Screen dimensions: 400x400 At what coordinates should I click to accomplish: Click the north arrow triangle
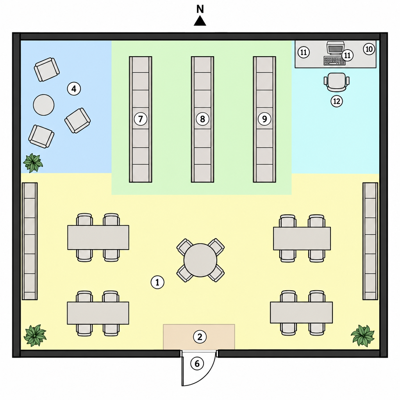pos(200,21)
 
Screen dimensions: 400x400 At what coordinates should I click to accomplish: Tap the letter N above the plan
pos(200,9)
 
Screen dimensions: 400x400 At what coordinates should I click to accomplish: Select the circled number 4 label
pos(74,89)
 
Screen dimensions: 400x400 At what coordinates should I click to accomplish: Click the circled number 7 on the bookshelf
pos(141,119)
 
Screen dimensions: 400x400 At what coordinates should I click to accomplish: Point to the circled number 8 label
pos(203,119)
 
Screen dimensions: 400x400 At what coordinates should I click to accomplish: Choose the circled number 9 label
pos(264,119)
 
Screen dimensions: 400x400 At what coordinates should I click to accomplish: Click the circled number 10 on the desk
pos(369,49)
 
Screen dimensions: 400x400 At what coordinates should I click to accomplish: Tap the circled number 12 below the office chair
pos(337,102)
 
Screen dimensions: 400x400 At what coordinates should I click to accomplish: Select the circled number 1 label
pos(157,282)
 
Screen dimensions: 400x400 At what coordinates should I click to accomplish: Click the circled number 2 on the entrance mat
pos(200,337)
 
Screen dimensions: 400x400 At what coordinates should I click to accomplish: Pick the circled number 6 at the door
pos(197,364)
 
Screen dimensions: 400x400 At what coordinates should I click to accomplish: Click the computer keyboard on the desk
pos(334,61)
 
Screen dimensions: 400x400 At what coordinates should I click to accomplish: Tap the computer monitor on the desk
pos(335,49)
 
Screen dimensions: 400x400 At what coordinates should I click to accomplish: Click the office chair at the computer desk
pos(336,82)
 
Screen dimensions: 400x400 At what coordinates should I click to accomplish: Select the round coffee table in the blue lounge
pos(44,105)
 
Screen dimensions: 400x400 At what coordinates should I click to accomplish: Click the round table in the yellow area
pos(200,260)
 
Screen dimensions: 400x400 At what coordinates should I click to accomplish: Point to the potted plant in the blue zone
pos(33,163)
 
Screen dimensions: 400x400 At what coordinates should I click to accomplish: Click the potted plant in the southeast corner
pos(362,336)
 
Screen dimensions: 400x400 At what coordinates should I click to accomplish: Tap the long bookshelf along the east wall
pos(370,241)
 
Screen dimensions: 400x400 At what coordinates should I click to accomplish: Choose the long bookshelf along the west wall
pos(30,241)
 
